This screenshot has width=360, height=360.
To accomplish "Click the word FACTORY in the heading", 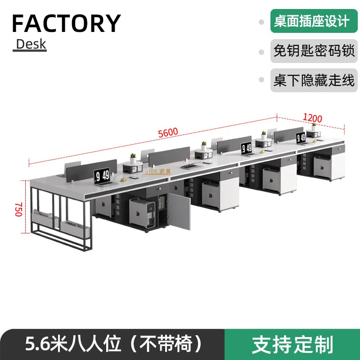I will (x=66, y=23).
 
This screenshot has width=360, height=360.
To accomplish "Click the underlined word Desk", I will (x=31, y=44).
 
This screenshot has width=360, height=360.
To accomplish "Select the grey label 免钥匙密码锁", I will (x=314, y=51).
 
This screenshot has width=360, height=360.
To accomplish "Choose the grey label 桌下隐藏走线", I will (x=314, y=81).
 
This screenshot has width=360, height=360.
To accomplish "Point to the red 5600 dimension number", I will (x=168, y=133).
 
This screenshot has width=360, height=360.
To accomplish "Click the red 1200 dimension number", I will (x=312, y=118).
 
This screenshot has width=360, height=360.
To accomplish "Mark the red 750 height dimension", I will (x=18, y=209).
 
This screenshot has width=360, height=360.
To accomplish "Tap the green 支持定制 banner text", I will (x=292, y=344).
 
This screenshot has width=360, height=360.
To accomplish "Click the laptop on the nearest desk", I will (x=102, y=177).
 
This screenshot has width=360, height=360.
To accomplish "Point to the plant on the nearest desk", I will (x=133, y=158).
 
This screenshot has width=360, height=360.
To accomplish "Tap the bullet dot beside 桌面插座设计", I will (x=261, y=22).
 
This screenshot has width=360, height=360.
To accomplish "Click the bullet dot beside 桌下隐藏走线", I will (x=261, y=81).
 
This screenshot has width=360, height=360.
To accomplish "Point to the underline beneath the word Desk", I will (x=30, y=51).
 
